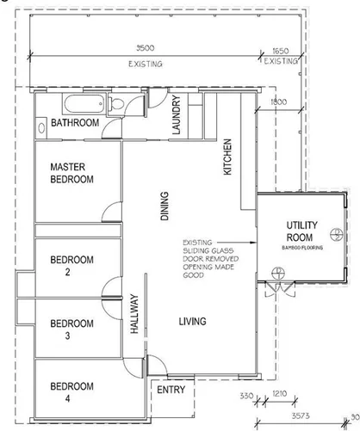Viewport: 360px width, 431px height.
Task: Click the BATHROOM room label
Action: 75,124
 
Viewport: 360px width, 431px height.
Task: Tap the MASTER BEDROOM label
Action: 71,173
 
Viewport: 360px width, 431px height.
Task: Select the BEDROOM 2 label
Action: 71,265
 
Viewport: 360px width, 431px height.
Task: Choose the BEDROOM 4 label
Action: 71,391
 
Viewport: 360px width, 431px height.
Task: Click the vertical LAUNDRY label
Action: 176,115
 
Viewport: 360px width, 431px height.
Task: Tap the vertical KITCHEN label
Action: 228,157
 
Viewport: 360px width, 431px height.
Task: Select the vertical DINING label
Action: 165,206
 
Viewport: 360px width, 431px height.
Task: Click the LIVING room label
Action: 192,322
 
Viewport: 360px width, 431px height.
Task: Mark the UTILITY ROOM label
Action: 301,231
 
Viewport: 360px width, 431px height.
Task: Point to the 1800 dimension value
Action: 278,102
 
